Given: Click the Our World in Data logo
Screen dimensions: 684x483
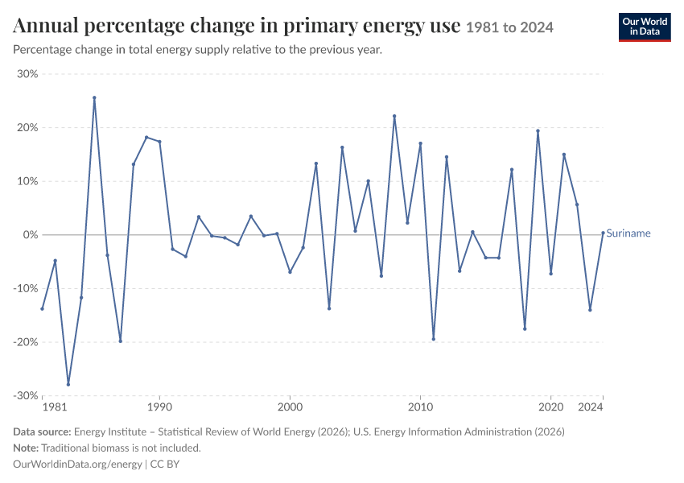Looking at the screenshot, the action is [x=645, y=27].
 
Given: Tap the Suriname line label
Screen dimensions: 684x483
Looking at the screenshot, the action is [x=628, y=233].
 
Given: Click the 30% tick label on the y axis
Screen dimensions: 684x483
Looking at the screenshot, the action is [x=27, y=74].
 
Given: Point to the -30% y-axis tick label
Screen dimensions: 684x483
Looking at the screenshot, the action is [x=26, y=396].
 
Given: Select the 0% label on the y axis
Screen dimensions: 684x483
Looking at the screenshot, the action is [x=31, y=235].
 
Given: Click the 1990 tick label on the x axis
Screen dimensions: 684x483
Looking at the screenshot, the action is [x=159, y=407].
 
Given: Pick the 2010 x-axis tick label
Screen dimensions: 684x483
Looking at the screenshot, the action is [x=421, y=407].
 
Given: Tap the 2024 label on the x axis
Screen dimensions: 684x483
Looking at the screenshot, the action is [x=591, y=407].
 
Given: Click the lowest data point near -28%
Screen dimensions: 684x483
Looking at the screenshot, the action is [x=68, y=385].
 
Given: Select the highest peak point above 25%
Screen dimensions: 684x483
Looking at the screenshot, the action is [x=94, y=97].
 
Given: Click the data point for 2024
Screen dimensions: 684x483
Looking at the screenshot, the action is [x=604, y=233].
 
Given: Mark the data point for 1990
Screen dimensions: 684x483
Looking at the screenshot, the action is [x=159, y=142].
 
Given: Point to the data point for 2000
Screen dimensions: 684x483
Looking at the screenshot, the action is [x=290, y=272].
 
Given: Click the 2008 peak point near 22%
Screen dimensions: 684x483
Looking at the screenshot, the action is [x=394, y=116].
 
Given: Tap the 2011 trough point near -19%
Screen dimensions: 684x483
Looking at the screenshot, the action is [x=434, y=339].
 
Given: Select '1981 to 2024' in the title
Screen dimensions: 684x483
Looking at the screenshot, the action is [x=509, y=27].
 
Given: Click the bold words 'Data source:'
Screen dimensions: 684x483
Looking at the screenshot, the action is [x=42, y=432].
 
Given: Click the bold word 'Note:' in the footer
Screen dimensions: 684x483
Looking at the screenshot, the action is [x=26, y=448].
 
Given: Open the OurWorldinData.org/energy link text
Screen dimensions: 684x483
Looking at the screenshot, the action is [x=77, y=464].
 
